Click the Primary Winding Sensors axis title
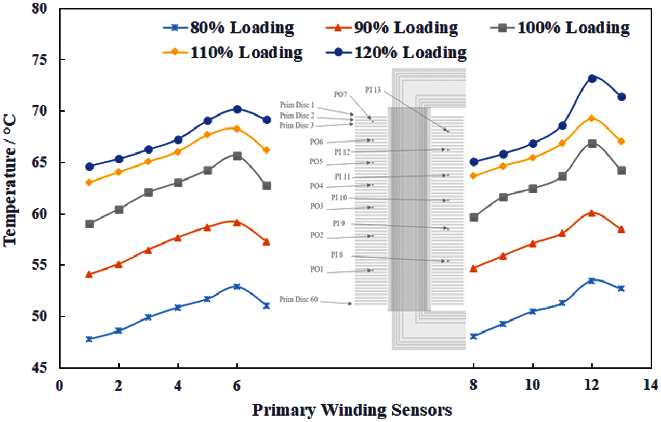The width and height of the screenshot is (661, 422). pyautogui.click(x=352, y=410)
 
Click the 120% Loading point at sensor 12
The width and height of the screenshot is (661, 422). pyautogui.click(x=591, y=79)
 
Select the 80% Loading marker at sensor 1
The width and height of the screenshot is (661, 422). pyautogui.click(x=89, y=339)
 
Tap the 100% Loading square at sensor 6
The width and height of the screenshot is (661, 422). pyautogui.click(x=237, y=156)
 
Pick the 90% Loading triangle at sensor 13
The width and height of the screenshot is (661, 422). pyautogui.click(x=621, y=229)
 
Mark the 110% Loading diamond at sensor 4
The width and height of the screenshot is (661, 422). pyautogui.click(x=178, y=152)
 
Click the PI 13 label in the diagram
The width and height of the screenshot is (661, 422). pyautogui.click(x=373, y=90)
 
